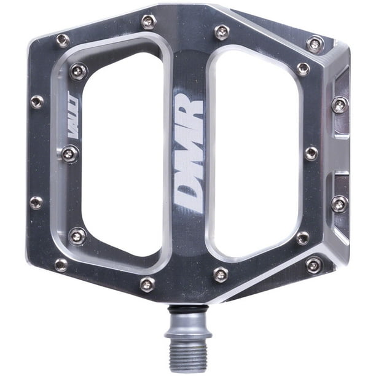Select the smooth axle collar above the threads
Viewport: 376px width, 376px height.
[188, 323]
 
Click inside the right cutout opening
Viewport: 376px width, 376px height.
[254, 154]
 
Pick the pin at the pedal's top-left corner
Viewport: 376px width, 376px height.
[62, 41]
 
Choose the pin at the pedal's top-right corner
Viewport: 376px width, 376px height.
[315, 44]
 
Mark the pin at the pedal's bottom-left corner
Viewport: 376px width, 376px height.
[61, 265]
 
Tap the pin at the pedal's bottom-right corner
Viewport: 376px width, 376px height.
[314, 265]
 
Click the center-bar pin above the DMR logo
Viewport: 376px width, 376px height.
[222, 31]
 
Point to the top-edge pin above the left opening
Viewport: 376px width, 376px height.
[148, 22]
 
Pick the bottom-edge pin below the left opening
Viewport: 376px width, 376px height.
[147, 284]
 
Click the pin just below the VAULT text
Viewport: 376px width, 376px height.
[70, 153]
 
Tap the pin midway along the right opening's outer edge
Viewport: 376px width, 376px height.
[311, 153]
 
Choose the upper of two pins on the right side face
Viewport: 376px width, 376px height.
[340, 104]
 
